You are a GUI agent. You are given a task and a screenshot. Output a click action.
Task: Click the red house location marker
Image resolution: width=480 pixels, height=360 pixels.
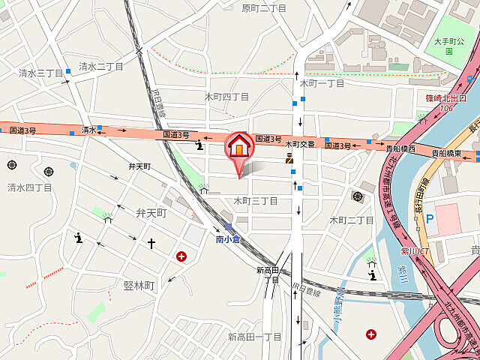239,145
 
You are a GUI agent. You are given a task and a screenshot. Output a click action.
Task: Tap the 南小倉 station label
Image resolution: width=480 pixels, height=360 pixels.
227,240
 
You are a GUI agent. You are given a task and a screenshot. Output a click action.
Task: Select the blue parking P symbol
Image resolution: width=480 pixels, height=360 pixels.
430,220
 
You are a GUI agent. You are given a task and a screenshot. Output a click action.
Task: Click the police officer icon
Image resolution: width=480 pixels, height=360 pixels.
289,157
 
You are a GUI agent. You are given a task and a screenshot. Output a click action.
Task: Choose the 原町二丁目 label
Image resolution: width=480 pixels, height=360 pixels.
264,8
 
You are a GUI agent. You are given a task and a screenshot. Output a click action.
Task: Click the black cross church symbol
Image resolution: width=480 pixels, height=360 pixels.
151,243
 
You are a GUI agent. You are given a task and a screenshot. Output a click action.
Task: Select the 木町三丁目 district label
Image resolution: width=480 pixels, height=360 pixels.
255,201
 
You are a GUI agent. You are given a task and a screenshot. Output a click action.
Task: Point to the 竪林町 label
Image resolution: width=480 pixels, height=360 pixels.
139,286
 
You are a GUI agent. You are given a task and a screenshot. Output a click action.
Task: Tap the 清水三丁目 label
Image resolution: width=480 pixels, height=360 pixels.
40,73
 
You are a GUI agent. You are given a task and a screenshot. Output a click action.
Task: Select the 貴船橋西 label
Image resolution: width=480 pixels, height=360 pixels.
401,148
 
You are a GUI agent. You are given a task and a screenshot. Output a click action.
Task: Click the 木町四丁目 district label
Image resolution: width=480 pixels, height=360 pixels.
226,97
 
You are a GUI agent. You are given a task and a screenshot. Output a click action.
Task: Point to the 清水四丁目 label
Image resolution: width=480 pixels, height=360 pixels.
30,187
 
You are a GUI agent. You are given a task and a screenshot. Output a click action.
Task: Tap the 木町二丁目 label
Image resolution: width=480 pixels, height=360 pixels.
352,220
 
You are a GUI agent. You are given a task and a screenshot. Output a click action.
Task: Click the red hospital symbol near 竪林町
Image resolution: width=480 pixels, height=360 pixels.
181,256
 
